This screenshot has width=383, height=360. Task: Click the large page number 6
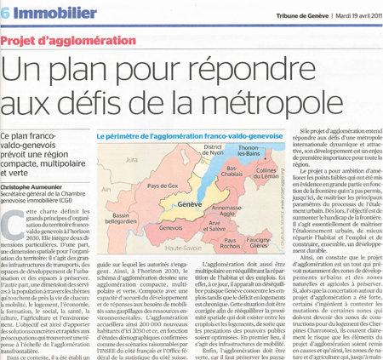(x=7, y=14)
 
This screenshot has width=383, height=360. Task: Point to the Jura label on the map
(x=130, y=158)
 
